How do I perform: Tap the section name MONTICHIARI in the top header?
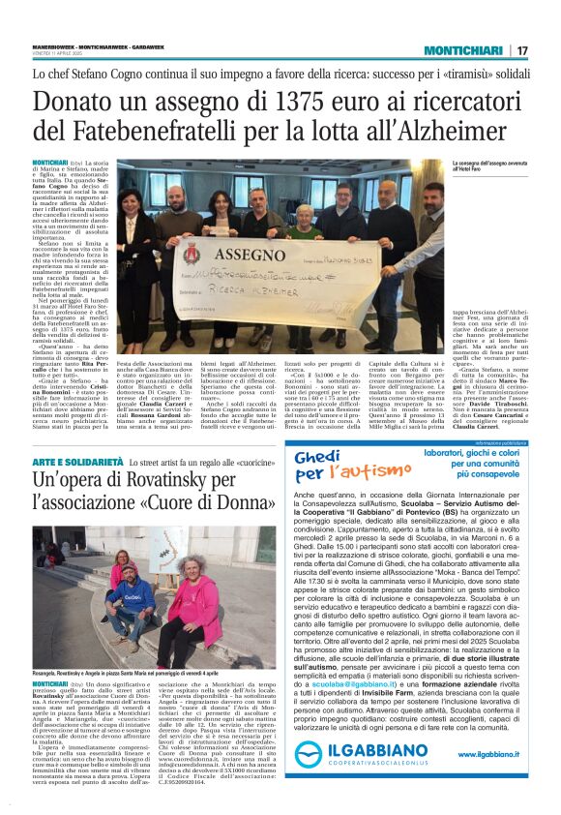pos(464,50)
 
